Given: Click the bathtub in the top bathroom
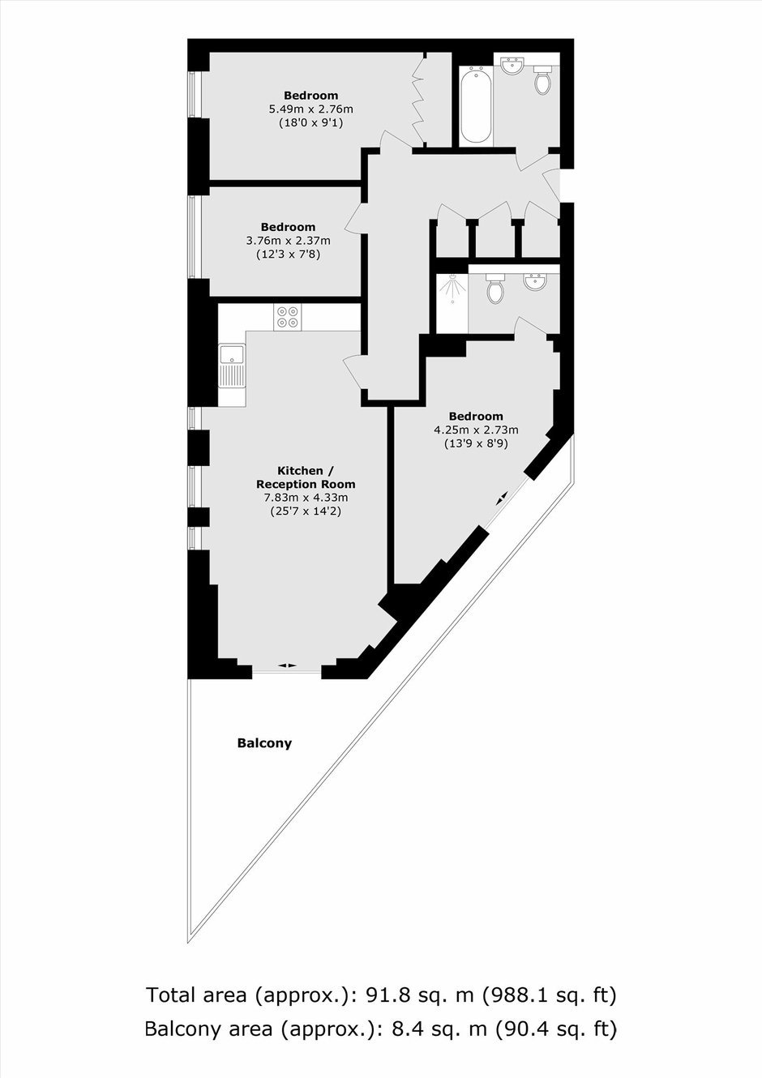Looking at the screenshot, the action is [x=476, y=105].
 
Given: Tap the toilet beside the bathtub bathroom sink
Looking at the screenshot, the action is [x=542, y=80].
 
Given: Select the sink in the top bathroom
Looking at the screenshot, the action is [x=512, y=66].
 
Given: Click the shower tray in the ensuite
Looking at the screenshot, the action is [x=452, y=302].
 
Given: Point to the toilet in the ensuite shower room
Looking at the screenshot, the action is [x=494, y=289].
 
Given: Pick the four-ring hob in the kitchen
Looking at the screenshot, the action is [x=288, y=317].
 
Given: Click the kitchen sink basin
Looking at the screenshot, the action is [x=233, y=354].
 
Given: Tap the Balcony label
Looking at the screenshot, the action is [x=264, y=743].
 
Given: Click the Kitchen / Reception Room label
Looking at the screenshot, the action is [x=306, y=477].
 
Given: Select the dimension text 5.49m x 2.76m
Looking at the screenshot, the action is [x=310, y=109].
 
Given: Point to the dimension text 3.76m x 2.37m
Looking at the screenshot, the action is [x=288, y=240].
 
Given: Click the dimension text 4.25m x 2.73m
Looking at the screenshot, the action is [x=476, y=430].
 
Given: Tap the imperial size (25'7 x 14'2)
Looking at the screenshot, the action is [x=306, y=511].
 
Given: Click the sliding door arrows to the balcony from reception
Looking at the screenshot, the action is [x=288, y=665].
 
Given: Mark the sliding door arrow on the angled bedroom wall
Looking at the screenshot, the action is [x=501, y=498].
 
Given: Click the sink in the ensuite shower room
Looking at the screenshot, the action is [x=535, y=281].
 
